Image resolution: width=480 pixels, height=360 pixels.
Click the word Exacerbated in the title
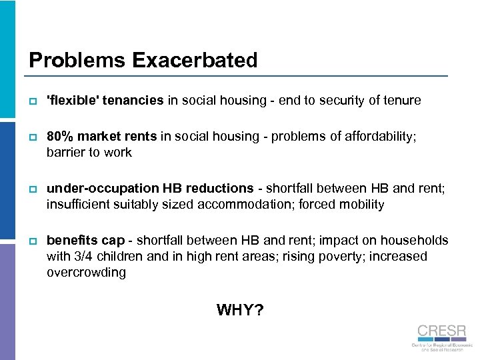[x=195, y=61]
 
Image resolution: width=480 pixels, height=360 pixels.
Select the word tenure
[x=401, y=101]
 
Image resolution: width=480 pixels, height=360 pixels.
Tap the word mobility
[x=363, y=204]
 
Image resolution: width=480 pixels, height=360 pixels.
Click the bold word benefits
[x=72, y=240]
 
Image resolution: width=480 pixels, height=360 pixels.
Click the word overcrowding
[x=86, y=273]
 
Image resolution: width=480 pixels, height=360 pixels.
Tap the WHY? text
[x=240, y=310]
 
